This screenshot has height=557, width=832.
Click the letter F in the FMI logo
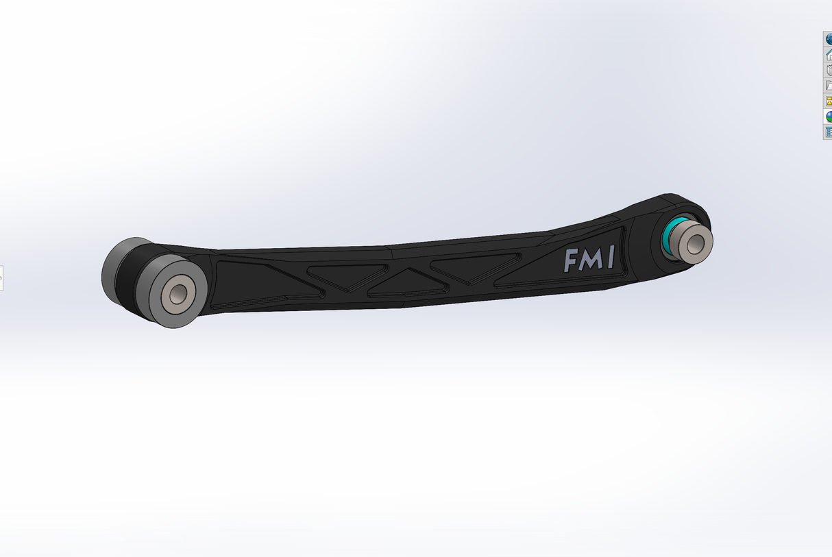tap(570, 261)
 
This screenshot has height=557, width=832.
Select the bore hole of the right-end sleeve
tap(696, 242)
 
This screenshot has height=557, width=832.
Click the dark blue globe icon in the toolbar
tap(828, 39)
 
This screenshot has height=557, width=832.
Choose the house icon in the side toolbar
tap(828, 54)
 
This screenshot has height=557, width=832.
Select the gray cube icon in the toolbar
tap(828, 70)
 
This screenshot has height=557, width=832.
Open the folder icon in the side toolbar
tap(828, 86)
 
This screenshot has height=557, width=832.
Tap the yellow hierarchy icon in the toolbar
tap(828, 101)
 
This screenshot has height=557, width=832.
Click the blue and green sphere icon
tap(828, 116)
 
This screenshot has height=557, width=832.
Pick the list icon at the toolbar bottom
tap(828, 132)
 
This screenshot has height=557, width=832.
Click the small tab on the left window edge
tap(1, 278)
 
